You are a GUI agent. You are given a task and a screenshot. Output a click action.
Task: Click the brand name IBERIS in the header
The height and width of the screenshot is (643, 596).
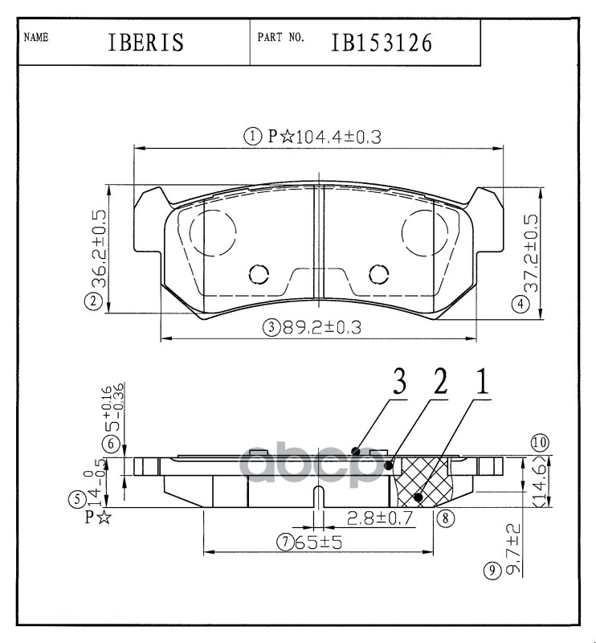[x=145, y=42]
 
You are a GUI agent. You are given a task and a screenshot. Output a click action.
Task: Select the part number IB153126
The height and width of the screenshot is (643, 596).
[x=382, y=42]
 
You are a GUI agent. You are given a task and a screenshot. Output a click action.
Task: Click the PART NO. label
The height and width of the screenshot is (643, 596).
[x=280, y=38]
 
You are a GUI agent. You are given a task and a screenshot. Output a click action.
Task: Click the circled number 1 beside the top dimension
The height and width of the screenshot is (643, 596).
[x=254, y=137]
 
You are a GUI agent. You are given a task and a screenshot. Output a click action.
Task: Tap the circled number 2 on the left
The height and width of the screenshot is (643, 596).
[x=95, y=302]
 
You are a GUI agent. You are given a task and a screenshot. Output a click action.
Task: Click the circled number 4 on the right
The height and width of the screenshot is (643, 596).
[x=522, y=304]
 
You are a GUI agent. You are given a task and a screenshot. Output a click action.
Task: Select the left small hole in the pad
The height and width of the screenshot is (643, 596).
[x=259, y=274]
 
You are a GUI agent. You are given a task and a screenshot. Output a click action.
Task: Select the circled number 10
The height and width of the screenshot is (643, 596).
[x=539, y=442]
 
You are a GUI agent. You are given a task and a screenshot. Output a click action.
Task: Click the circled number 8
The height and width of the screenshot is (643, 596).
[x=443, y=518]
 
